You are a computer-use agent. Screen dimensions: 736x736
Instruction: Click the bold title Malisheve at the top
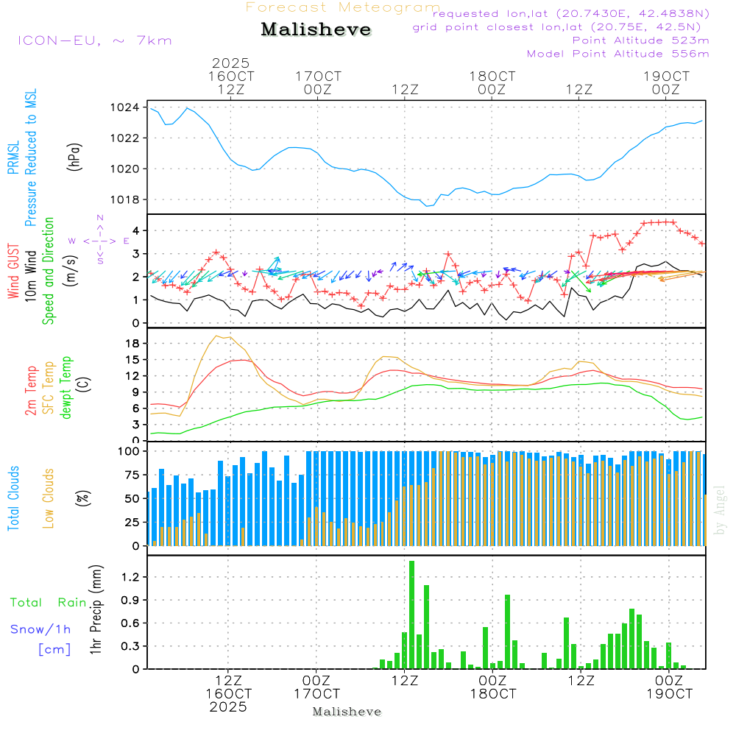[x=316, y=29]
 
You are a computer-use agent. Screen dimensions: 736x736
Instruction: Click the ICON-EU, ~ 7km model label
[x=94, y=40]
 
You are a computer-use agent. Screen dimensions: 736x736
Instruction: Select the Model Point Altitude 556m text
[x=618, y=54]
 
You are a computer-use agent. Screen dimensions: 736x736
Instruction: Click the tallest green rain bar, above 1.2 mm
[x=412, y=615]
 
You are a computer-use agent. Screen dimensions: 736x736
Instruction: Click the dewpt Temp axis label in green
[x=66, y=387]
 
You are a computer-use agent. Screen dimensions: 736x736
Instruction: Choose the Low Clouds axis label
[x=49, y=498]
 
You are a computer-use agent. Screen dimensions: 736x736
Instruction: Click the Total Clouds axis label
[x=14, y=498]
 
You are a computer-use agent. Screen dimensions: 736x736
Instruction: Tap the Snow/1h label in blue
[x=40, y=629]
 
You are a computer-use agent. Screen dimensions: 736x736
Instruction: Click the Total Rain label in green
[x=48, y=602]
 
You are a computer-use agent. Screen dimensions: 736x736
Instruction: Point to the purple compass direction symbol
[x=99, y=241]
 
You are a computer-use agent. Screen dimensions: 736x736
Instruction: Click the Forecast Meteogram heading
[x=343, y=8]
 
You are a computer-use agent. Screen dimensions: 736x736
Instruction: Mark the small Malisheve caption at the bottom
[x=347, y=712]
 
